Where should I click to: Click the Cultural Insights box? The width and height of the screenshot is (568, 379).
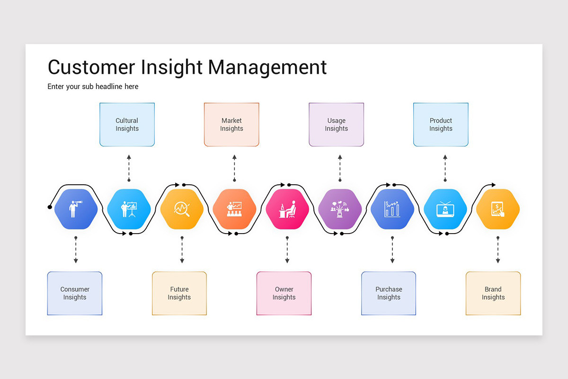(127, 125)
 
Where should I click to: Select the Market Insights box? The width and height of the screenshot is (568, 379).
(231, 125)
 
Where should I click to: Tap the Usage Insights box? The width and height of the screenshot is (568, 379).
(336, 125)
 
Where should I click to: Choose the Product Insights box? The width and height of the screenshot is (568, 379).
(441, 125)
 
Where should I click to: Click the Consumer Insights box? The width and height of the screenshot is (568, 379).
(75, 293)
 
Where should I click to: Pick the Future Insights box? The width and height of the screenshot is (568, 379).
(179, 293)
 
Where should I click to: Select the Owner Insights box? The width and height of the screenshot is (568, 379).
(284, 293)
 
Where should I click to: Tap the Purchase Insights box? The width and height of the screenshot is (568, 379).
(389, 293)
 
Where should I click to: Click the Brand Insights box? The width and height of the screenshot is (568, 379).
(493, 293)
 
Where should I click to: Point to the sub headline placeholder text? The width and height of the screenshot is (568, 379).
(93, 87)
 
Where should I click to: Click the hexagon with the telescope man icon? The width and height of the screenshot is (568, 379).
(76, 209)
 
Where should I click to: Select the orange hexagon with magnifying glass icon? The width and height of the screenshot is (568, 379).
(182, 209)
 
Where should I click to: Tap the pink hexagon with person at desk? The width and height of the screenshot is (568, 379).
(287, 209)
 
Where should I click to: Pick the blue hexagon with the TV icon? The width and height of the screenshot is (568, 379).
(445, 209)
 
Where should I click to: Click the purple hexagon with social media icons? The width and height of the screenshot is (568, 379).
(339, 209)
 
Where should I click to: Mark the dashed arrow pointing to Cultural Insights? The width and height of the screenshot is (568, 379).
(129, 168)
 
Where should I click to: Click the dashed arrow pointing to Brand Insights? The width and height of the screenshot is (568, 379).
(497, 250)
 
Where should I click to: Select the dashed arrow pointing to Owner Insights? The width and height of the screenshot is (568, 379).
(287, 250)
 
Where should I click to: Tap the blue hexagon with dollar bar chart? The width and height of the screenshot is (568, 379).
(392, 209)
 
